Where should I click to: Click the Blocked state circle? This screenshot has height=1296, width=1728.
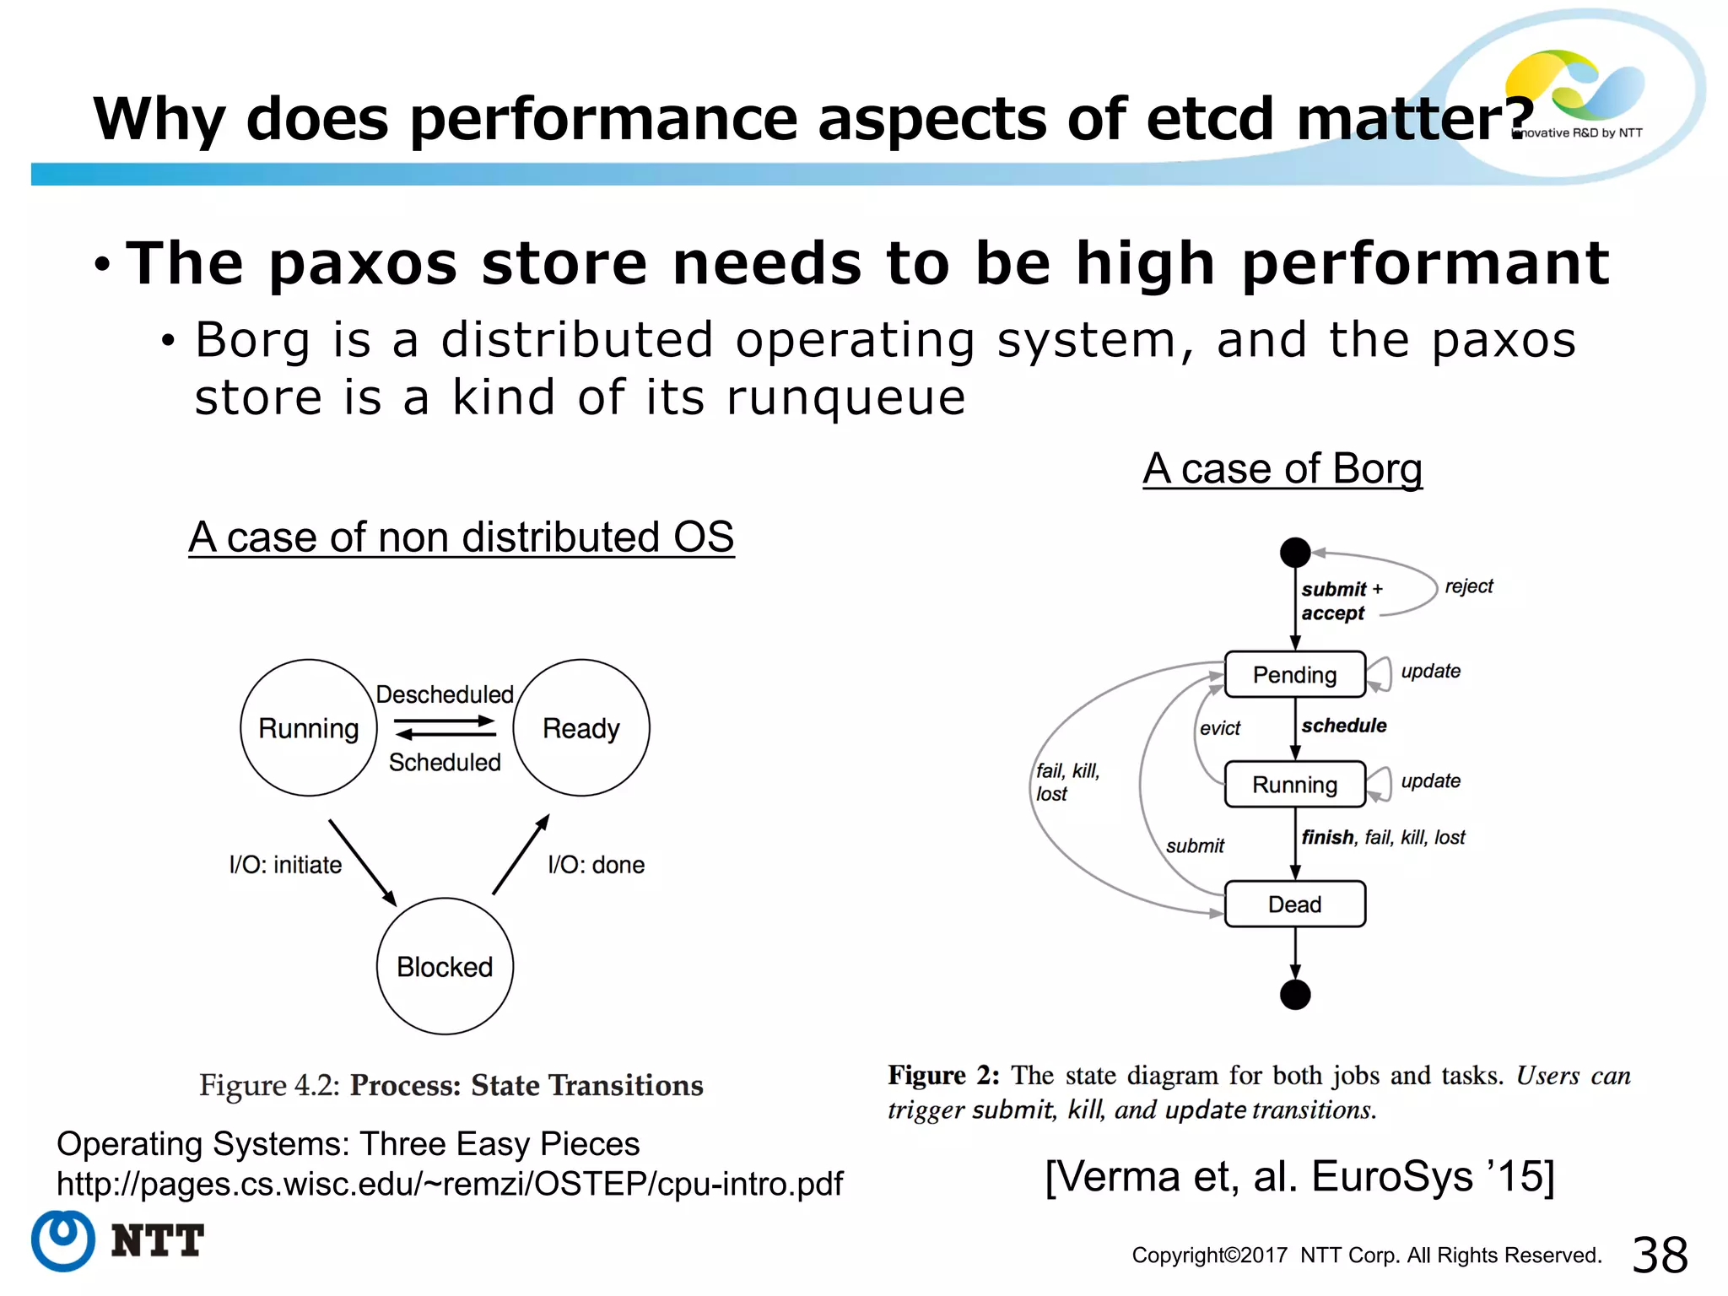point(445,966)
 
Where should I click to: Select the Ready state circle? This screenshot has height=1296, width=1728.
point(581,727)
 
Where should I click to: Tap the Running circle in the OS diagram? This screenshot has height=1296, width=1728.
point(309,727)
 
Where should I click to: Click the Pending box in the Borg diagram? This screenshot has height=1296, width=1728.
point(1294,674)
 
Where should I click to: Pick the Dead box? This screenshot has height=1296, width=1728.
point(1294,904)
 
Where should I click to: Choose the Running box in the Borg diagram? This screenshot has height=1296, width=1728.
point(1294,785)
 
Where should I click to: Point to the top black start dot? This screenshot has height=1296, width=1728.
point(1295,553)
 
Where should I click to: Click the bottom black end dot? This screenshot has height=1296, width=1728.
point(1295,995)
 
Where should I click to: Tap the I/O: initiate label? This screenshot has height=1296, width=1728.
point(285,865)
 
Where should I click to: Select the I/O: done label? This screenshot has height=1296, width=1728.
point(596,865)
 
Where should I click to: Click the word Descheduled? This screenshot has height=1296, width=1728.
point(445,694)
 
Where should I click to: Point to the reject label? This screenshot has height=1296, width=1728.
point(1468,586)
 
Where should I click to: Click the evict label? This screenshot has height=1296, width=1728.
point(1220,728)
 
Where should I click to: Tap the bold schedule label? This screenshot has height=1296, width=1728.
point(1344,726)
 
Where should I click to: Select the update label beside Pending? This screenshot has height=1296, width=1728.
point(1430,671)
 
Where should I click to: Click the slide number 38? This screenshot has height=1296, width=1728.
point(1660,1255)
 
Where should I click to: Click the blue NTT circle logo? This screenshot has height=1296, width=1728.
point(62,1240)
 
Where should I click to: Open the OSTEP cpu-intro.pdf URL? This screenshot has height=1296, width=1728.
point(449,1184)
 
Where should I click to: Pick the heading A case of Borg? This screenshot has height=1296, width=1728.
point(1282,468)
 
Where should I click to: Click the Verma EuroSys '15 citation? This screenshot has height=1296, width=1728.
point(1299,1176)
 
